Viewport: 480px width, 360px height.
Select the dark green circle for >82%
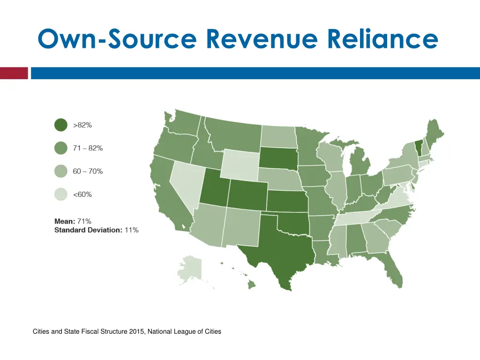tap(61, 125)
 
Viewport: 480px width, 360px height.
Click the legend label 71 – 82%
tap(88, 148)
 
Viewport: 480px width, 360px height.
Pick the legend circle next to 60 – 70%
tap(61, 172)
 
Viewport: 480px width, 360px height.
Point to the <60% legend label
tap(82, 195)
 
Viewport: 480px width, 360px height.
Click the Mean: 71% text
tap(73, 221)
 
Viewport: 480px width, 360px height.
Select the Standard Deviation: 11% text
tap(96, 230)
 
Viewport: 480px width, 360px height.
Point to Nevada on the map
tap(187, 183)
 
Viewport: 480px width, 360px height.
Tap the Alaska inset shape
tap(191, 270)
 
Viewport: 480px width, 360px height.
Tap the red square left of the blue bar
tap(14, 73)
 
